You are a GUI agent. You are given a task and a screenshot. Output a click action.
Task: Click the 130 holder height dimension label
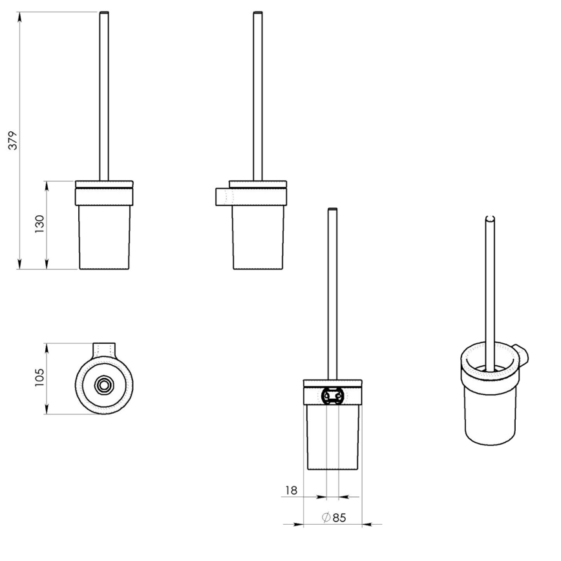tap(39, 224)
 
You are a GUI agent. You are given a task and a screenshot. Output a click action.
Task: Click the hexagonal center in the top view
tap(103, 385)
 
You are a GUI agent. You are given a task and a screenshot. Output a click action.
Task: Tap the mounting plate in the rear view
tap(332, 394)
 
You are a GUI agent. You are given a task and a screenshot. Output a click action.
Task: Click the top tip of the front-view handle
tap(104, 14)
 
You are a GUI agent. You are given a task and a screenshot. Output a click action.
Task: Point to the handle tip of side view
tap(257, 14)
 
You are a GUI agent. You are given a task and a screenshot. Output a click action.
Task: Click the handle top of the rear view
tap(332, 210)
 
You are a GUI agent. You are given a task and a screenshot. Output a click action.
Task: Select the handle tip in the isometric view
tap(490, 220)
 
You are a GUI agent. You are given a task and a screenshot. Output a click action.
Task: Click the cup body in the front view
tap(104, 236)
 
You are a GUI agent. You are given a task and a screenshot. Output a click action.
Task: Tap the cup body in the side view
tap(257, 236)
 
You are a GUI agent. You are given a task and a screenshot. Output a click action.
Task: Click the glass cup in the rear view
tap(332, 436)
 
